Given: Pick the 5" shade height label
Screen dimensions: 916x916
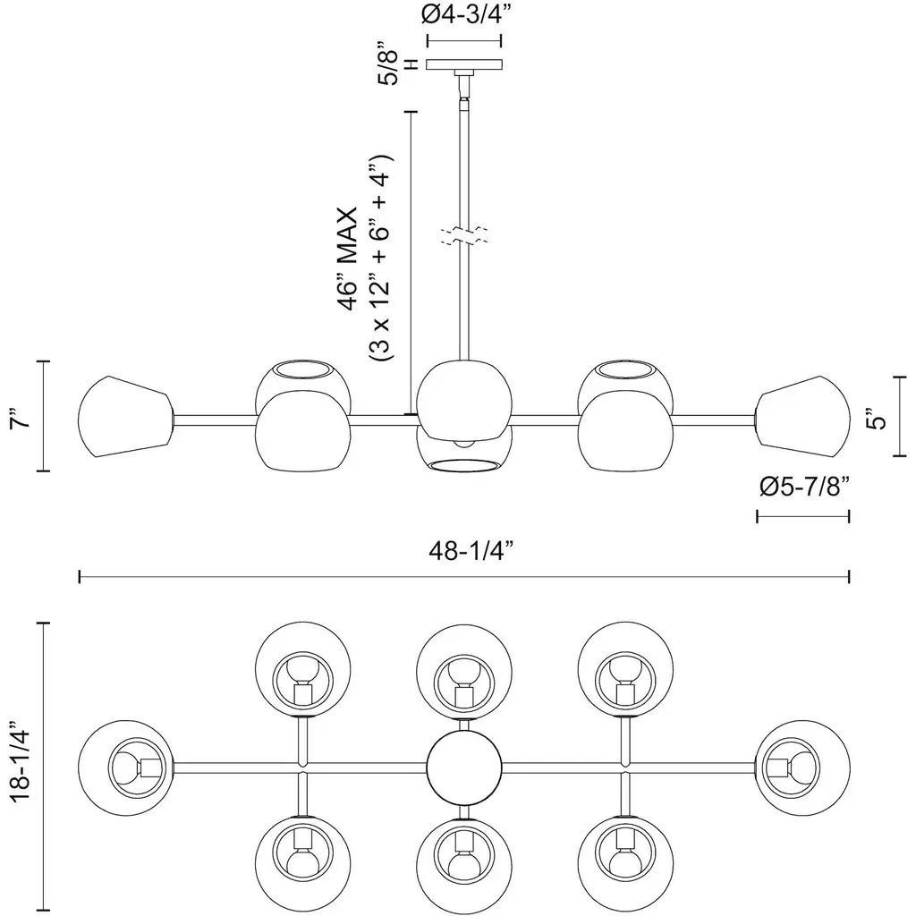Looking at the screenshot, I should point(881,416).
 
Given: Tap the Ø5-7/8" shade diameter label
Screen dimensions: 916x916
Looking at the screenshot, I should point(802,487).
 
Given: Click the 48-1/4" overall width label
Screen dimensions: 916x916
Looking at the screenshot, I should point(463,552).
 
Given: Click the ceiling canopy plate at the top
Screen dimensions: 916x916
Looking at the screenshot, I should point(463,64).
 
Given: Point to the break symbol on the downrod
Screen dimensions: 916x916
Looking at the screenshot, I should point(463,238).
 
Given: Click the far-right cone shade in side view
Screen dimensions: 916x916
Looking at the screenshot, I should point(803,417).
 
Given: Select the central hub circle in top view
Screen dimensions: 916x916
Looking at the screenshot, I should point(463,767).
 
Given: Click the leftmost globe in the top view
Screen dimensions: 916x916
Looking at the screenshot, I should point(125,767).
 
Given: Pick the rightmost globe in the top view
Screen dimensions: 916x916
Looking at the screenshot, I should point(802,767).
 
